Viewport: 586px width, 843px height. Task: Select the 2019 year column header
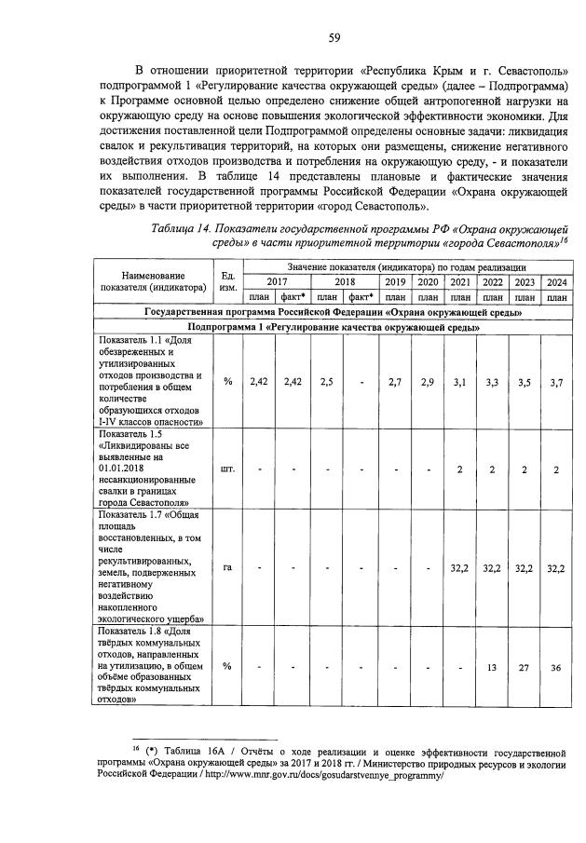(395, 281)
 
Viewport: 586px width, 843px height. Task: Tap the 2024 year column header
(557, 281)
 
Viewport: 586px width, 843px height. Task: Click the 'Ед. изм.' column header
(226, 281)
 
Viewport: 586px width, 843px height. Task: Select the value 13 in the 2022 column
(492, 667)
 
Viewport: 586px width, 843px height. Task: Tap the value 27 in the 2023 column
(525, 667)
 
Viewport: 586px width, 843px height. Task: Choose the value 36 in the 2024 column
(557, 667)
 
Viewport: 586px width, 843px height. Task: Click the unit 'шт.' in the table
(226, 469)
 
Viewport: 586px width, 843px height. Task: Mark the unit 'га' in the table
(226, 567)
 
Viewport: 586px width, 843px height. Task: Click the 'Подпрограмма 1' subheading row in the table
(334, 328)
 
